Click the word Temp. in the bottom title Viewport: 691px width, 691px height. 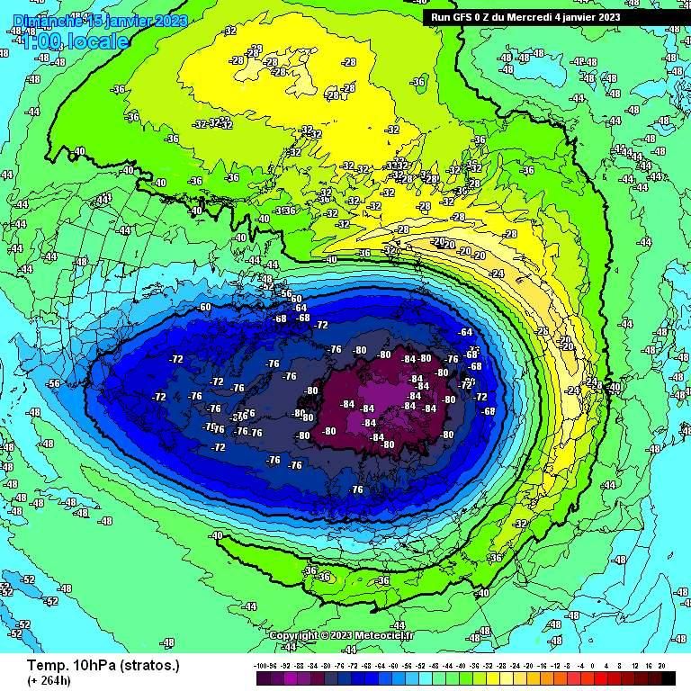point(45,665)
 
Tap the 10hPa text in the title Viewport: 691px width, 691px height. point(93,665)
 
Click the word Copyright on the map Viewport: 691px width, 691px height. point(293,635)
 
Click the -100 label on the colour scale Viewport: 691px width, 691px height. point(264,666)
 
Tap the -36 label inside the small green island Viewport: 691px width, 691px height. point(417,82)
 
